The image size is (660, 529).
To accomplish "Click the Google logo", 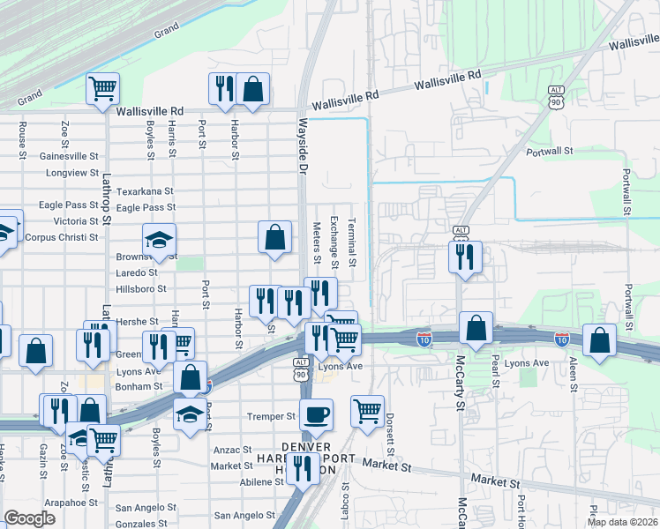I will (x=30, y=518).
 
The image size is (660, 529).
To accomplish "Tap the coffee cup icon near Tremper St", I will (x=316, y=414).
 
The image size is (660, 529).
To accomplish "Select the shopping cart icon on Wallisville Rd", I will (x=103, y=88).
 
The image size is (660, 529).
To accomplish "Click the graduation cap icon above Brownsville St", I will (x=159, y=239).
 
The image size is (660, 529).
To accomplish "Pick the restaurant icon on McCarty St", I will (x=465, y=257).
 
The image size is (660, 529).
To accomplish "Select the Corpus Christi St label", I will (x=62, y=237).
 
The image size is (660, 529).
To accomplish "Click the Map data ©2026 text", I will (x=621, y=521).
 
